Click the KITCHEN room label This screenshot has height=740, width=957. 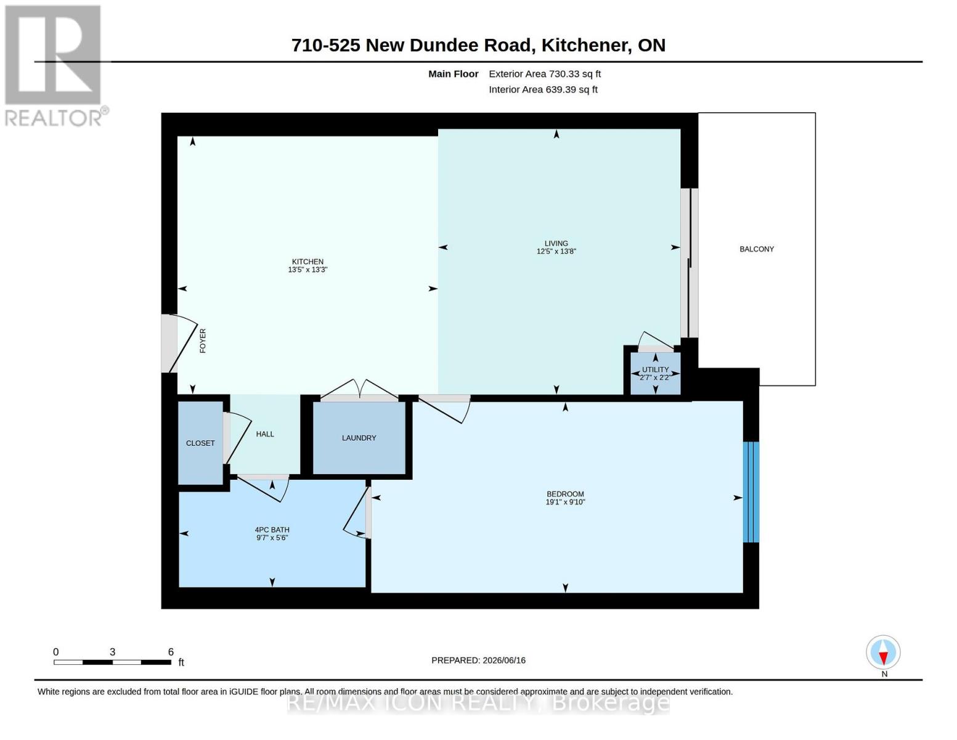(307, 261)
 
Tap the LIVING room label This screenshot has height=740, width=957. (556, 244)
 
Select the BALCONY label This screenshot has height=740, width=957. (756, 249)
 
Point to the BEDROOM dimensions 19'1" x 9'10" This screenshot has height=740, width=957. (565, 502)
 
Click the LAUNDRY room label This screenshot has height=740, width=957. (359, 438)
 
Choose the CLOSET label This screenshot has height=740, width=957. (200, 443)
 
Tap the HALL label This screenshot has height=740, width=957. (265, 434)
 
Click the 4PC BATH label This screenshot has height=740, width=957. (272, 530)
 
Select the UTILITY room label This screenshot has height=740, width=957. (655, 369)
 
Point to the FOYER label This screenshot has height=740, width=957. (203, 340)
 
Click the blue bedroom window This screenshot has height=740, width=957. (751, 492)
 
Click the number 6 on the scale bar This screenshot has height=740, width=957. (171, 652)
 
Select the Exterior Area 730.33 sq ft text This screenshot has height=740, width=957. (544, 74)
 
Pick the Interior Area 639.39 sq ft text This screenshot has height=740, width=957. (543, 89)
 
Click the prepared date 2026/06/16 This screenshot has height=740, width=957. (504, 660)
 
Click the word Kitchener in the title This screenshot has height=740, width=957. (584, 46)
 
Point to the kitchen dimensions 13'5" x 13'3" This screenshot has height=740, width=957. (307, 269)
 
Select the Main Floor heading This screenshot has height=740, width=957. (453, 74)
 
